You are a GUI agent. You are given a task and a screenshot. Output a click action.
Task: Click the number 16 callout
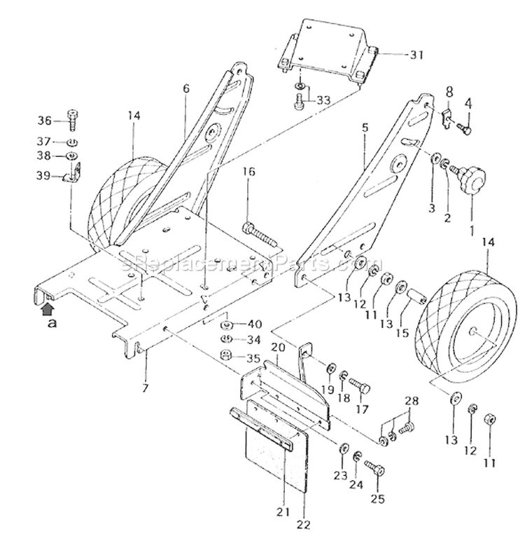pos(249,172)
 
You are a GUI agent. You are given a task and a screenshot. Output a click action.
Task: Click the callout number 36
pos(45,118)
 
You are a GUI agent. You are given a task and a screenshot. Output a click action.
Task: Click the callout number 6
pos(185,89)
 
